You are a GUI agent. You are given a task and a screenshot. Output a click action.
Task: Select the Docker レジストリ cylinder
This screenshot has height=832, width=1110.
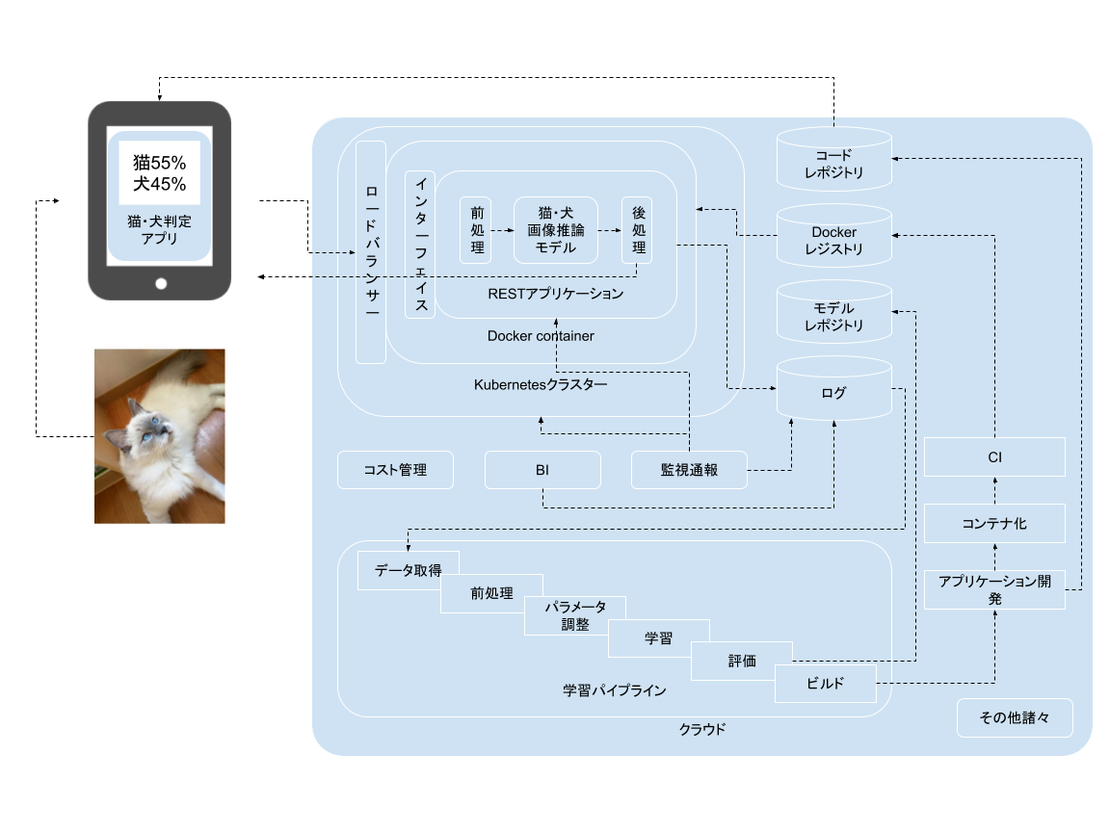coord(834,238)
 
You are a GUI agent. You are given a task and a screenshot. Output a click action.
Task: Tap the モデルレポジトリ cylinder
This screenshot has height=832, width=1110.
coord(834,314)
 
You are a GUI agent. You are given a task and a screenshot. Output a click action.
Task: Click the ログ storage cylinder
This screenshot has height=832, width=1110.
coord(834,391)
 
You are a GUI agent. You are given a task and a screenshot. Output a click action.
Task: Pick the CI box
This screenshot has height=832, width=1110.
coord(994,456)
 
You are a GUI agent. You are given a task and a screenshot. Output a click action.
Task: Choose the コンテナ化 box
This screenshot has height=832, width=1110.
coord(994,524)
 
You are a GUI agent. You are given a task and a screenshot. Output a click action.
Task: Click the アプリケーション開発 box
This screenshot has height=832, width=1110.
coord(994,589)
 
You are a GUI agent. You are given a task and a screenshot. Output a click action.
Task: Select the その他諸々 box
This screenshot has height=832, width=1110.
coord(1014,717)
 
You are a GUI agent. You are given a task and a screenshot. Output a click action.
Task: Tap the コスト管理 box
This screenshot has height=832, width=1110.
coord(395,470)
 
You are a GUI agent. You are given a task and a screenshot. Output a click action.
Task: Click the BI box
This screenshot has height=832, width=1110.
coord(542,470)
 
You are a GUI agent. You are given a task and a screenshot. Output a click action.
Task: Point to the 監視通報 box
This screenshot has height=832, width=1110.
coord(689,470)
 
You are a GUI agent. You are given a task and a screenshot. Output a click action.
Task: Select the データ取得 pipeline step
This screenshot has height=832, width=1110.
coord(408,570)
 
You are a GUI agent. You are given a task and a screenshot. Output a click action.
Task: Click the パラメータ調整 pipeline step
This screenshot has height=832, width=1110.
coord(575,615)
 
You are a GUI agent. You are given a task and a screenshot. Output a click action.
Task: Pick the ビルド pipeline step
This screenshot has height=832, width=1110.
coord(826,684)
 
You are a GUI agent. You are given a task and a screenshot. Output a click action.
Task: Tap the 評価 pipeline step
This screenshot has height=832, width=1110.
coord(742,661)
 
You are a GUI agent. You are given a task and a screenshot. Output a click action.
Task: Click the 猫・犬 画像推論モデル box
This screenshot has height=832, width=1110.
coord(556,230)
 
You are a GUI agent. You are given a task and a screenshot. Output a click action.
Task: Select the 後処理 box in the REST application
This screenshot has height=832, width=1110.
coord(637,230)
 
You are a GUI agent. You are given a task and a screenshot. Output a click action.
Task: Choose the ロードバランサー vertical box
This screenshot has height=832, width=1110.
coord(371,252)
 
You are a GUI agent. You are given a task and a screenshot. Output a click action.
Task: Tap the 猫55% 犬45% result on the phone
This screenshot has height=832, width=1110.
coord(159,172)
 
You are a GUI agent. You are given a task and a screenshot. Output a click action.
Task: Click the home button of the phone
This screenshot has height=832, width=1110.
coord(160,283)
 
